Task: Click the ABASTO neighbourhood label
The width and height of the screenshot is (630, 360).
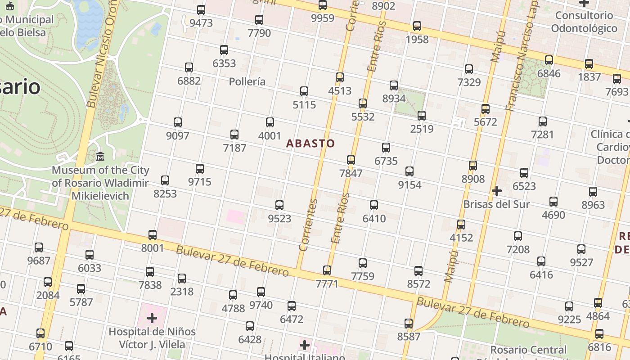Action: click(310, 144)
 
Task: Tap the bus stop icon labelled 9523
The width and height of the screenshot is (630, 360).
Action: click(279, 206)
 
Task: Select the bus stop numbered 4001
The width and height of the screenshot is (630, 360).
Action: click(270, 122)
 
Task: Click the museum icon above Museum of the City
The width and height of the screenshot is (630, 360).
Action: click(100, 157)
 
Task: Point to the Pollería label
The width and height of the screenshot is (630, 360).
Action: click(247, 82)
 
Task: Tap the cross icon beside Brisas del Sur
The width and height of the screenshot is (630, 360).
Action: click(497, 191)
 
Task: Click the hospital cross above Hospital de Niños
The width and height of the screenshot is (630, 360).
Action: click(152, 319)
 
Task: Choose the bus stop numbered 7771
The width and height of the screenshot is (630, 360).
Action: click(327, 270)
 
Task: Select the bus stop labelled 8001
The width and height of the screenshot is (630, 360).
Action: click(153, 235)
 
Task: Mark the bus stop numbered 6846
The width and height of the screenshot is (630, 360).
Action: click(549, 60)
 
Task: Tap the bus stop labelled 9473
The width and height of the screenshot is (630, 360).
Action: click(201, 10)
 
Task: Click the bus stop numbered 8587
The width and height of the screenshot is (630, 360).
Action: click(409, 324)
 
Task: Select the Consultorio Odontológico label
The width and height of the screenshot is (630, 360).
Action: click(584, 22)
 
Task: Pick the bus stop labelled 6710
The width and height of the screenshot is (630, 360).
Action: click(40, 333)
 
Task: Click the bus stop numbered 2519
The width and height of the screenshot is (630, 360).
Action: click(422, 116)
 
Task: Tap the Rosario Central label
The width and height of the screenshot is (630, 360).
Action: click(528, 350)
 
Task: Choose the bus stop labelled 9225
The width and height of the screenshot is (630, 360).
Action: click(569, 306)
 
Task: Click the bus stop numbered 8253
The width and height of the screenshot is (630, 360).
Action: click(165, 180)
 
